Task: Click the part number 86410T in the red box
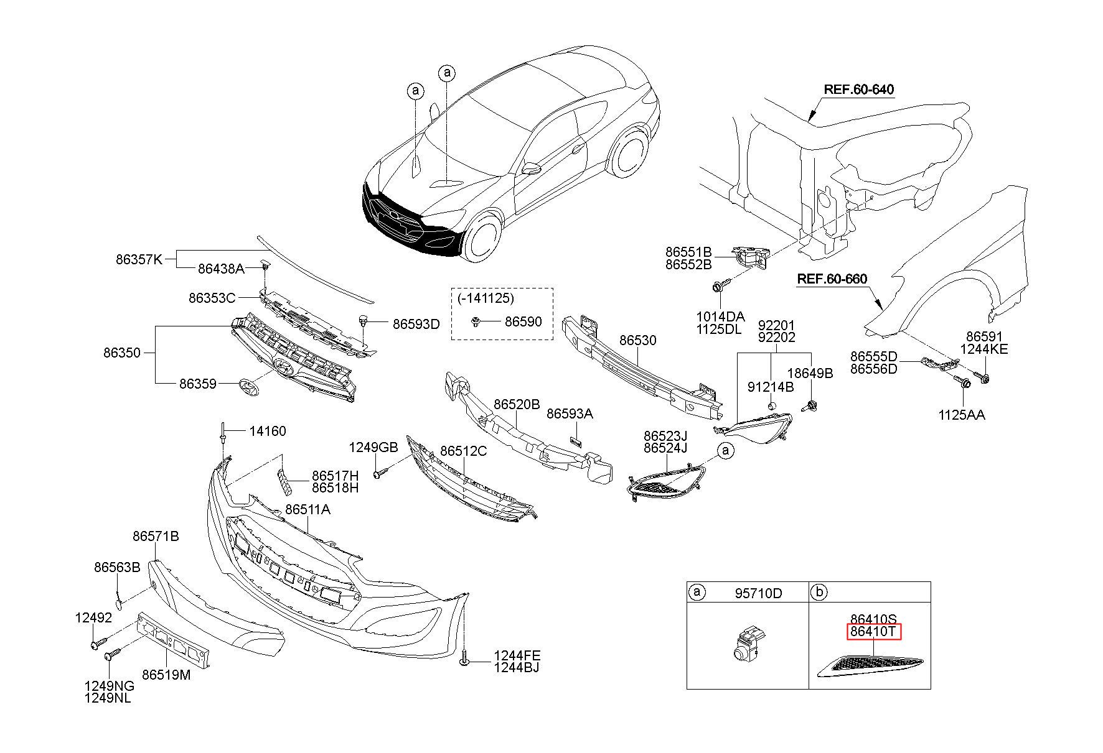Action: (873, 632)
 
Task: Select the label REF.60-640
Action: (859, 90)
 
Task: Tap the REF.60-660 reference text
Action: (832, 279)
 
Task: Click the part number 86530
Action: (637, 341)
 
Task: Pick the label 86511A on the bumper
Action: (308, 510)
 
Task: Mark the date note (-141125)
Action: (486, 298)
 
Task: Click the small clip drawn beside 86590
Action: (476, 322)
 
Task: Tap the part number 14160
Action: (268, 431)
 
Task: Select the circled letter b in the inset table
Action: (820, 593)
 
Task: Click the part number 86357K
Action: (139, 259)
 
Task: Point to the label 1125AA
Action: (962, 415)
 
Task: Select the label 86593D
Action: (416, 324)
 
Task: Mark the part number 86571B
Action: (156, 536)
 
